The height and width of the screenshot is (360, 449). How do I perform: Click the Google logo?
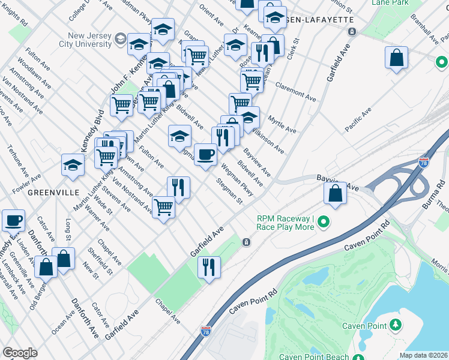pos(20,353)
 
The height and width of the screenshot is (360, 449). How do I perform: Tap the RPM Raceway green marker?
pos(325,223)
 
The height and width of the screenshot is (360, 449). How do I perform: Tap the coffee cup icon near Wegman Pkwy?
pos(205,155)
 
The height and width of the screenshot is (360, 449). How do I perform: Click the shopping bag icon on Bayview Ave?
pos(336,193)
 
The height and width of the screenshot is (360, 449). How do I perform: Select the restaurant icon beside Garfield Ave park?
pos(209,267)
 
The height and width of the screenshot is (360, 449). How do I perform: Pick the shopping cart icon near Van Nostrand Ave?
pos(163,208)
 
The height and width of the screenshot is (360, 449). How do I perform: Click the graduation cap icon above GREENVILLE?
pos(72,165)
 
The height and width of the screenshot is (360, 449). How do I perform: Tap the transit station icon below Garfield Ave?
pos(246,242)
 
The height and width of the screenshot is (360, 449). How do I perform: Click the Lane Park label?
pos(390,3)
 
